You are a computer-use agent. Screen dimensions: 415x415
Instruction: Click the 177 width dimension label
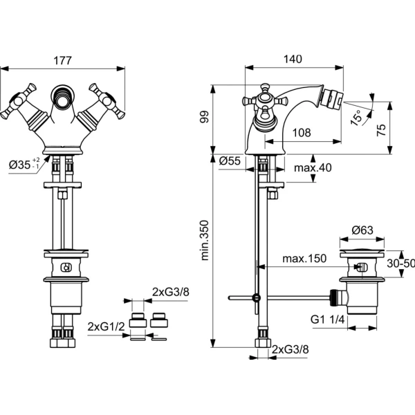(x=63, y=61)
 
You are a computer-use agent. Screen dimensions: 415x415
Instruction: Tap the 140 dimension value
(x=293, y=59)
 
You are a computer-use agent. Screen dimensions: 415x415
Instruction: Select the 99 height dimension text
(x=205, y=117)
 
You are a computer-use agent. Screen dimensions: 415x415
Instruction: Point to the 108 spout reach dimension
(x=302, y=133)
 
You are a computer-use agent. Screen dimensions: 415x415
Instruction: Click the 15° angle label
(x=356, y=118)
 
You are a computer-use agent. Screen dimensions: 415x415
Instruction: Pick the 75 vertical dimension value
(x=381, y=130)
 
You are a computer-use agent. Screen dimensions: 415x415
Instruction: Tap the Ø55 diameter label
(x=230, y=160)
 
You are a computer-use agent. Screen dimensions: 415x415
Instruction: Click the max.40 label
(x=313, y=167)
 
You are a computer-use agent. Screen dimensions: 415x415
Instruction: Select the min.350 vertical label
(x=205, y=240)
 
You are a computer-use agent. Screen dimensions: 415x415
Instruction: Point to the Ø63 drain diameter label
(x=362, y=230)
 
